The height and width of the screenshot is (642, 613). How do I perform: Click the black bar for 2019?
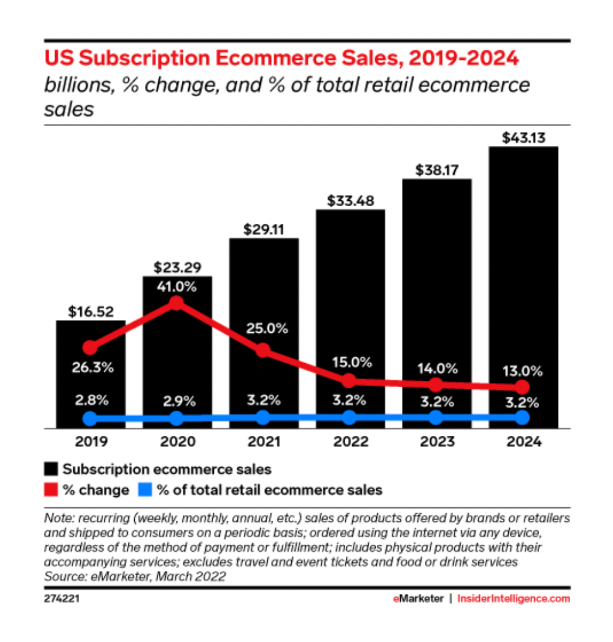pos(90,375)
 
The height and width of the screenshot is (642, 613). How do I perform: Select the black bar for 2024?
pos(523,287)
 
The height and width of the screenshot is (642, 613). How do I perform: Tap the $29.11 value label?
pos(263,229)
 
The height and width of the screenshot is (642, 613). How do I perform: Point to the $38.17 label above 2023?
pos(437,170)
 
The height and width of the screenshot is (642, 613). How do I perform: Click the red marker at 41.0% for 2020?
pos(176,303)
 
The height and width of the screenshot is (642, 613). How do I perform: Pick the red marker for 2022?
pos(349,380)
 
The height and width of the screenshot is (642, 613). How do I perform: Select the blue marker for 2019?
pos(90,418)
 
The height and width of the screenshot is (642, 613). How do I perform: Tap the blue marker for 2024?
pos(523,418)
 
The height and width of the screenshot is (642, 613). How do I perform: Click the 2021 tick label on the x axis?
pos(263,442)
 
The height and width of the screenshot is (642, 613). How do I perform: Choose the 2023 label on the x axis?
pos(436,442)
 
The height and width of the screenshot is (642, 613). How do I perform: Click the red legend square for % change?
pos(52,490)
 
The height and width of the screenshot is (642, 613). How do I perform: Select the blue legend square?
pos(146,490)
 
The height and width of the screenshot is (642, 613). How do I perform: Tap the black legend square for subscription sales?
pos(52,469)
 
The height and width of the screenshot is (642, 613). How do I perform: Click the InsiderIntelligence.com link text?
pos(513,599)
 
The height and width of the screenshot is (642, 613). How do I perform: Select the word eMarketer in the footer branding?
pos(418,599)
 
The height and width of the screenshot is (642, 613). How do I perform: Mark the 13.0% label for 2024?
pos(523,371)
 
